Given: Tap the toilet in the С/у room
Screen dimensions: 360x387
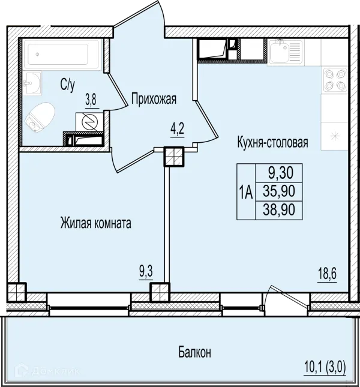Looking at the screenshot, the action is pyautogui.click(x=40, y=117).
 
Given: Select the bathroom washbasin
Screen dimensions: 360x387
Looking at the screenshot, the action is pyautogui.click(x=32, y=83).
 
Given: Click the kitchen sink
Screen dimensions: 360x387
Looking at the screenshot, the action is pyautogui.click(x=286, y=52).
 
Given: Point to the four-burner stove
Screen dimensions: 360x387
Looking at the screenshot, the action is pyautogui.click(x=335, y=80).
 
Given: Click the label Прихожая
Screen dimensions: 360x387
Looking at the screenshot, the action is pyautogui.click(x=154, y=99).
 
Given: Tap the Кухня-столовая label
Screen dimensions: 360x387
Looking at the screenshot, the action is pyautogui.click(x=272, y=142).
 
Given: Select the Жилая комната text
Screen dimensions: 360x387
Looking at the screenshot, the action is pyautogui.click(x=96, y=223).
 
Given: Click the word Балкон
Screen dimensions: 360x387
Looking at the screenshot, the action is pyautogui.click(x=194, y=352).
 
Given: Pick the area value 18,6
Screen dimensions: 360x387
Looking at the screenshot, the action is pyautogui.click(x=327, y=274).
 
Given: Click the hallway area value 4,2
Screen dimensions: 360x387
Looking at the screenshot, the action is pyautogui.click(x=178, y=129).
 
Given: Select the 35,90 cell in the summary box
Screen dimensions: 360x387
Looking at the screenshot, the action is pyautogui.click(x=279, y=191).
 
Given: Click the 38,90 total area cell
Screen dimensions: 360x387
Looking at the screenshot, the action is pyautogui.click(x=279, y=210).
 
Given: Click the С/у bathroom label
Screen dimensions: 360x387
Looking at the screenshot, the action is pyautogui.click(x=67, y=85).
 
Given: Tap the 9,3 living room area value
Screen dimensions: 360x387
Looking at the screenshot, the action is pyautogui.click(x=146, y=272).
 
